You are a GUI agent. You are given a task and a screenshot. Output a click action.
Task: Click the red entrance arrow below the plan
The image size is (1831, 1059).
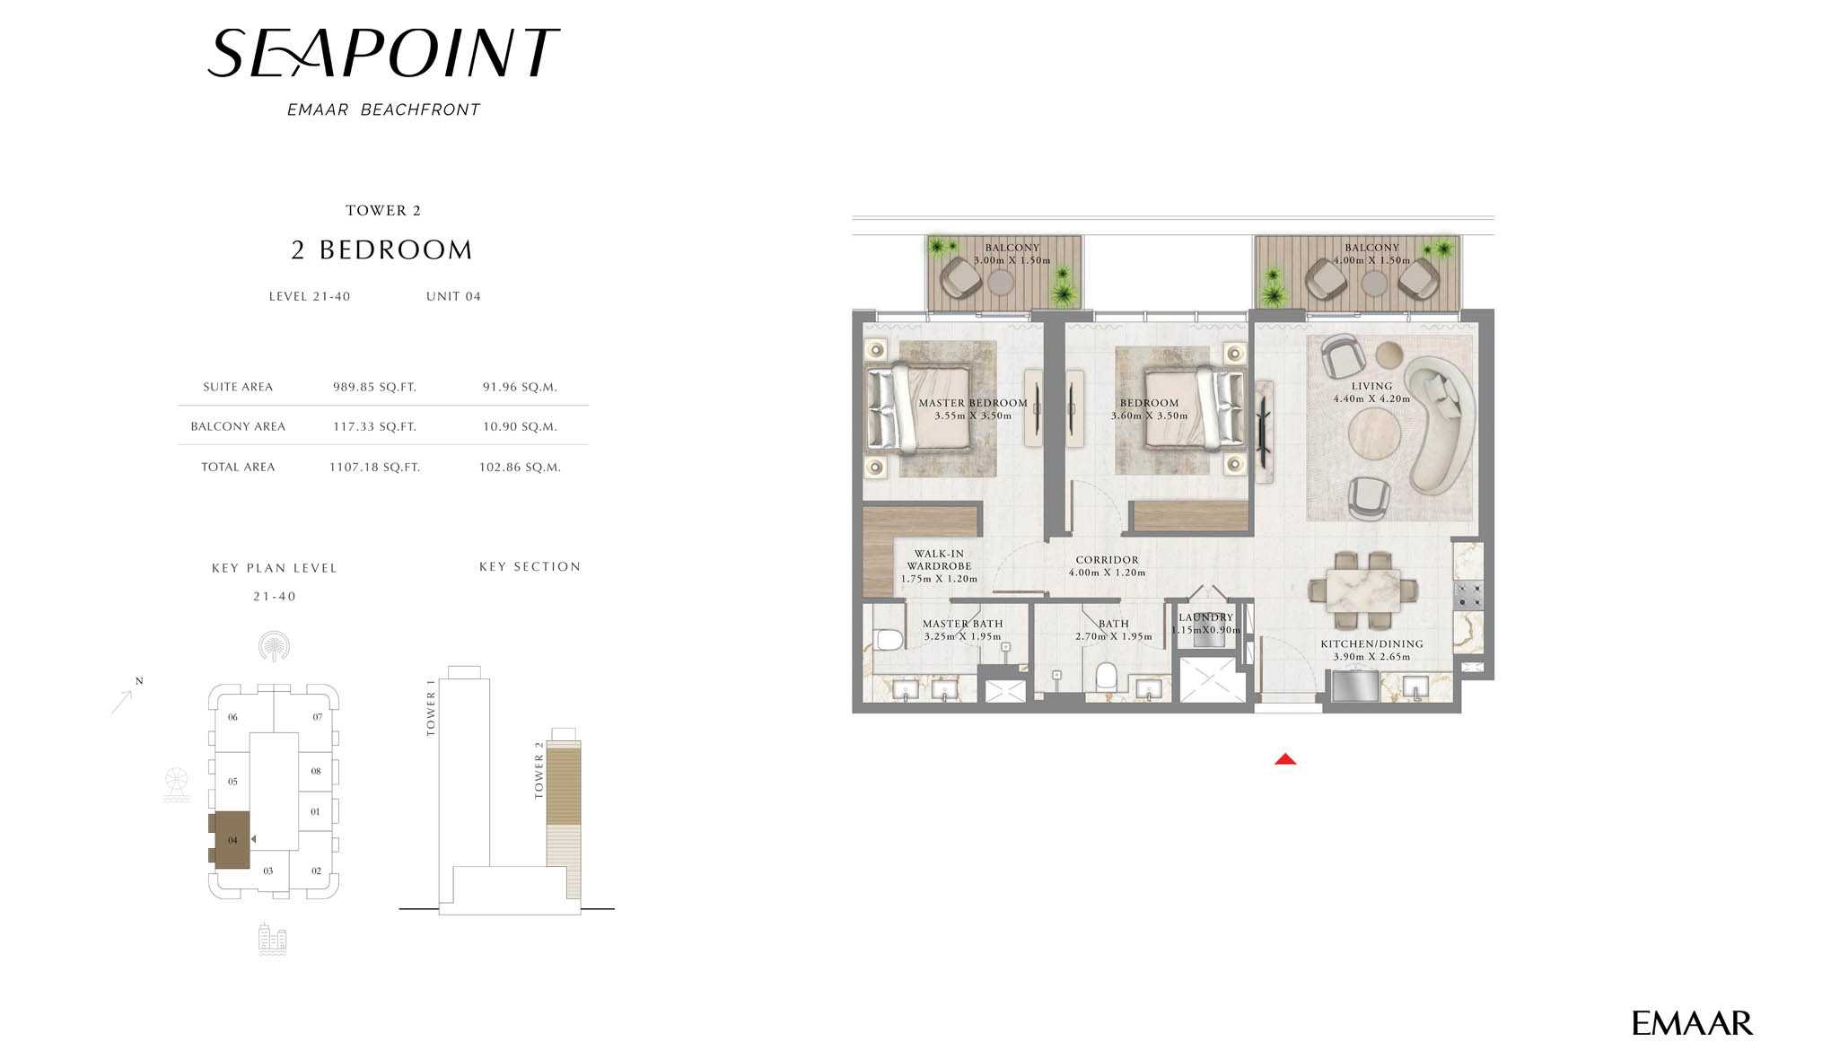point(1285,759)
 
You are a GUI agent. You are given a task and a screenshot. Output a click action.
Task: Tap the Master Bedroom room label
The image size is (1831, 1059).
point(973,403)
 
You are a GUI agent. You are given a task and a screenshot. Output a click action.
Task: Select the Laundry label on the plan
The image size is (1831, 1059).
point(1205,617)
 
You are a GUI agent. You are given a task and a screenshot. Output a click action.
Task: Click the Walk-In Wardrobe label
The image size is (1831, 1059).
point(939,560)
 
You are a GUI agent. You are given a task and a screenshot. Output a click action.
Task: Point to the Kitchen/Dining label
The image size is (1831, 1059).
point(1371,643)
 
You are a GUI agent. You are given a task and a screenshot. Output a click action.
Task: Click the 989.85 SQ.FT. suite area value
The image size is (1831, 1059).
point(374,388)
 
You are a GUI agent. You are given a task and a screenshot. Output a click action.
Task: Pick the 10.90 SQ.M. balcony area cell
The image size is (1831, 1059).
point(520,427)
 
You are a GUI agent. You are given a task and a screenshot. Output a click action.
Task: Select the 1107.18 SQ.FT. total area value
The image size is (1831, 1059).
point(374,468)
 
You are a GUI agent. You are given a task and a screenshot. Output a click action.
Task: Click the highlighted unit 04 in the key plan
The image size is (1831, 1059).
point(232,840)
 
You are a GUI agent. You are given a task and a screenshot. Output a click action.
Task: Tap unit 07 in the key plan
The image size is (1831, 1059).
point(317,717)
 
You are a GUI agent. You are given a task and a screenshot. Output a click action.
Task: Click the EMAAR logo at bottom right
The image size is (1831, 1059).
point(1692,1023)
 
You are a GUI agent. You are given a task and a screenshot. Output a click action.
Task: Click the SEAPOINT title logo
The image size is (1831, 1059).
point(383,53)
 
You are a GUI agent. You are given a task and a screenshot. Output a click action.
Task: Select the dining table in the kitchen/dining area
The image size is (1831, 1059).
point(1363,591)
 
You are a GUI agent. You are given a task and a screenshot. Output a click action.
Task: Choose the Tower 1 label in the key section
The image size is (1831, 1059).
point(431,708)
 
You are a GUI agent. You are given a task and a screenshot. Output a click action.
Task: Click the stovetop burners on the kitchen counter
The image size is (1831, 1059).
point(1468,593)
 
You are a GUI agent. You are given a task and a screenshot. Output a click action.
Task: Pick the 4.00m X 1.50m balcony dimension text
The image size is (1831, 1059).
point(1371,260)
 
